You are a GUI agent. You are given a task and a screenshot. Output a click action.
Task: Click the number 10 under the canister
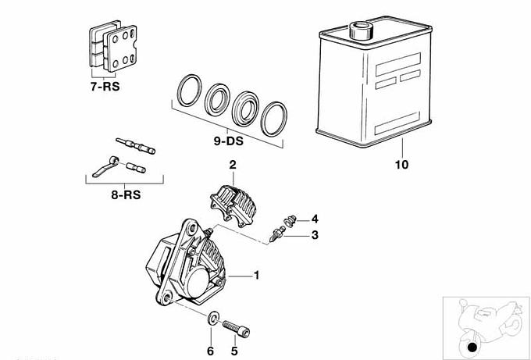(x=401, y=166)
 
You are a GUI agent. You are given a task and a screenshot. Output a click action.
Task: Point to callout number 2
(x=232, y=164)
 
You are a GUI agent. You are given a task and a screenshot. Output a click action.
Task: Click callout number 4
(x=315, y=219)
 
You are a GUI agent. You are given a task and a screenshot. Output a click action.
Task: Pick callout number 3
(x=315, y=234)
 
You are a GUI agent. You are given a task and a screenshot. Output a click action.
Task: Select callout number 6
(x=210, y=351)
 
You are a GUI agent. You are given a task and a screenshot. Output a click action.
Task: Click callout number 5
(x=233, y=351)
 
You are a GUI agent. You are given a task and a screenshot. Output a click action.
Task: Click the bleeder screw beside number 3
(x=278, y=233)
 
